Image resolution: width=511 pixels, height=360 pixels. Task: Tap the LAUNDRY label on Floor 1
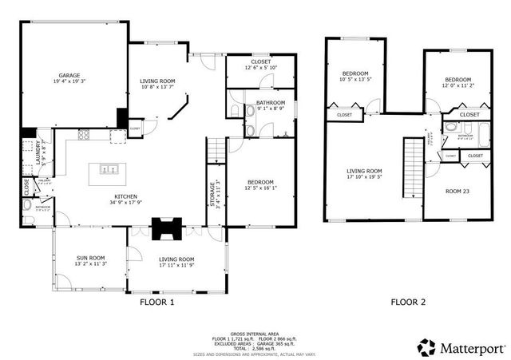point(38,154)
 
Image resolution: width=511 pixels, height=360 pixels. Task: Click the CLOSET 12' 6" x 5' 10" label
point(260,64)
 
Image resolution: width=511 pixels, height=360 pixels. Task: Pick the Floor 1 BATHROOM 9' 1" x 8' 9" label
point(270,105)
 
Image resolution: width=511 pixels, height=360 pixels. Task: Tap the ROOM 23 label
point(456,191)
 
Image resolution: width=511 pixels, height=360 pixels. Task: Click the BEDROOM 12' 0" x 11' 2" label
point(458,83)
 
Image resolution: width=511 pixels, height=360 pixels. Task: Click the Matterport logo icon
point(426,346)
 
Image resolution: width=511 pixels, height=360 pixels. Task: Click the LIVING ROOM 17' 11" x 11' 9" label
point(176,262)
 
